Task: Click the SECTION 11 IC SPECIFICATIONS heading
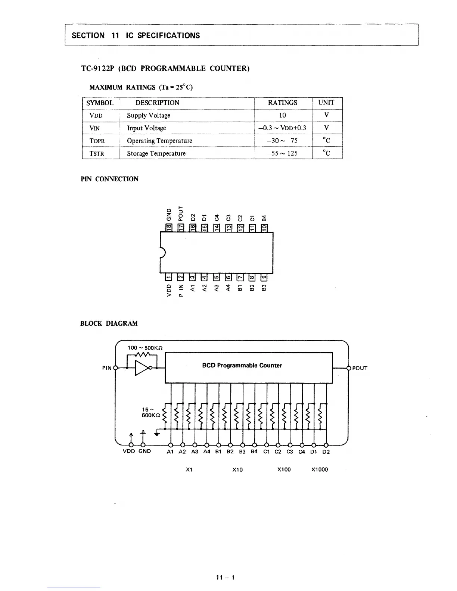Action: tap(136, 36)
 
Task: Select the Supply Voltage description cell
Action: tap(148, 116)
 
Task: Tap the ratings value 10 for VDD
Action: tap(283, 115)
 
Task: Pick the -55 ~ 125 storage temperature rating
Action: tap(283, 153)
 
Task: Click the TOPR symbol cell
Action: tap(97, 141)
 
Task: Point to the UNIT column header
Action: tap(326, 103)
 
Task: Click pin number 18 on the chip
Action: tap(169, 227)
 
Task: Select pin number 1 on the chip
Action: tap(168, 277)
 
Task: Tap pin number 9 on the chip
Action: tap(264, 277)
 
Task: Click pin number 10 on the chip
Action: tap(264, 227)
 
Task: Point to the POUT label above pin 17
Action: tap(181, 214)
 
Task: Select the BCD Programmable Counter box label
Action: tap(242, 366)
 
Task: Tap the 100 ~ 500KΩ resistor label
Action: tap(144, 348)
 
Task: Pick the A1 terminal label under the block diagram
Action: tap(170, 451)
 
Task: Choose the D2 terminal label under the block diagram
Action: tap(326, 451)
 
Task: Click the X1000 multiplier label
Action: tap(319, 470)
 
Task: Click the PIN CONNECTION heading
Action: tap(109, 179)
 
